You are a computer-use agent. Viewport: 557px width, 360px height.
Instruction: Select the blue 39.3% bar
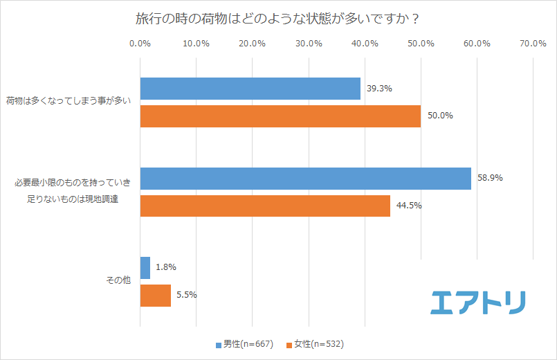(250, 89)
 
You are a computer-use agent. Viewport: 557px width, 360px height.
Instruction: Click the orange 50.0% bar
(280, 116)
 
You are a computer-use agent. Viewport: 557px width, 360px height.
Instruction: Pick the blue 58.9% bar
(305, 179)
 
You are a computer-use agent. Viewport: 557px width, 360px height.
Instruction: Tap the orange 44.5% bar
(265, 206)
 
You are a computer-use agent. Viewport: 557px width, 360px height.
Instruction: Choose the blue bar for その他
(145, 268)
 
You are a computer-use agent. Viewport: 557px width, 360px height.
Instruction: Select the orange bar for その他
(156, 296)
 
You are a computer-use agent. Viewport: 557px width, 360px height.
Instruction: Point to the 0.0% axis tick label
(140, 44)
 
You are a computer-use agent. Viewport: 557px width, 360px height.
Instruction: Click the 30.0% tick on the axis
(309, 44)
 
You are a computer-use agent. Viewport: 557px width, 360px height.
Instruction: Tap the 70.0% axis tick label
(533, 44)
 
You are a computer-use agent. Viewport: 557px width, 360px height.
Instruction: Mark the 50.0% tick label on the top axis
(421, 44)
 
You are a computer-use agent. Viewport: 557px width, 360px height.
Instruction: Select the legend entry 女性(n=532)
(315, 344)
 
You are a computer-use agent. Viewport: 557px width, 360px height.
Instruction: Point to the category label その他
(118, 282)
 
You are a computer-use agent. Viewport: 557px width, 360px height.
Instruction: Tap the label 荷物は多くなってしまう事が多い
(68, 102)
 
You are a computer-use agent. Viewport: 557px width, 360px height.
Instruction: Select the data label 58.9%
(490, 178)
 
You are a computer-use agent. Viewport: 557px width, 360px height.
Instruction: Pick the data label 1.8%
(167, 267)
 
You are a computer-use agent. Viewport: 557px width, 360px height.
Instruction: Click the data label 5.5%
(187, 295)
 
